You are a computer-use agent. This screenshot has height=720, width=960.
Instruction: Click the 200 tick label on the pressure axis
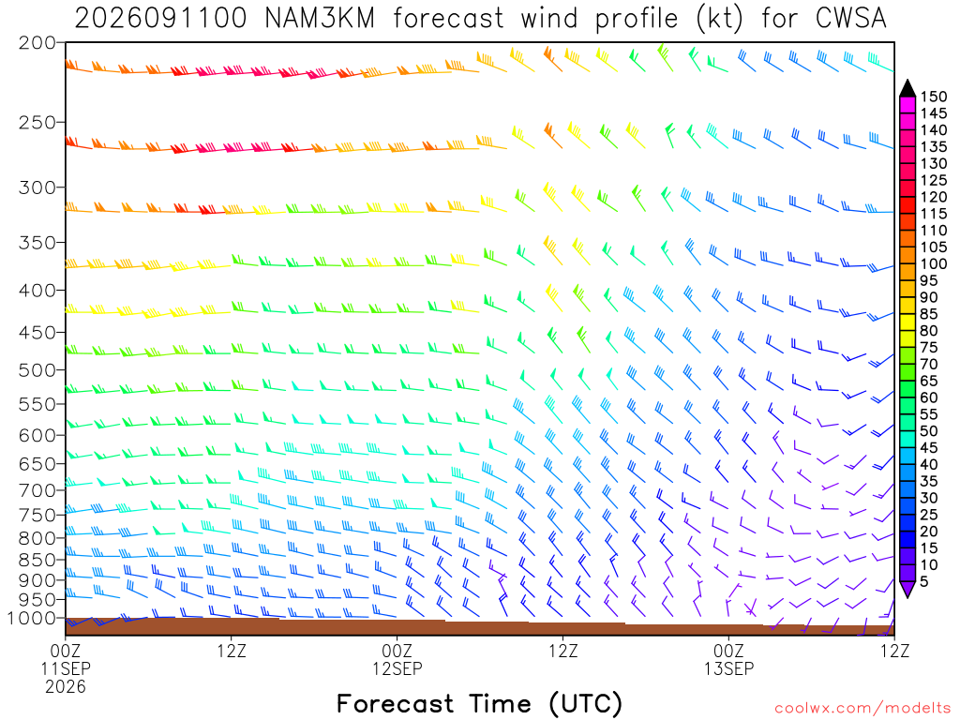pyautogui.click(x=37, y=43)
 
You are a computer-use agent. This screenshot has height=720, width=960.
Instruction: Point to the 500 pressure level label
pyautogui.click(x=37, y=370)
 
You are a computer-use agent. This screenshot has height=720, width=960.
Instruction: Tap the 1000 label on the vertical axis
pyautogui.click(x=31, y=619)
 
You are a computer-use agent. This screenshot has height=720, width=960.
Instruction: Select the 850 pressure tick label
pyautogui.click(x=37, y=560)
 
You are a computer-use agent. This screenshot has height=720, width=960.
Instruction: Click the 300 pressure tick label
pyautogui.click(x=37, y=187)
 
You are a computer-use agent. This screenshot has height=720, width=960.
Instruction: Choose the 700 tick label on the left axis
pyautogui.click(x=37, y=490)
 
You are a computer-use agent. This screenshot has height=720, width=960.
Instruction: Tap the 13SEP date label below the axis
pyautogui.click(x=728, y=667)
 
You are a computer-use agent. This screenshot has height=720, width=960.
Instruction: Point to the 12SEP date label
pyautogui.click(x=397, y=667)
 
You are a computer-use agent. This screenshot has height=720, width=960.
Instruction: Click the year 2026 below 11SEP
pyautogui.click(x=66, y=686)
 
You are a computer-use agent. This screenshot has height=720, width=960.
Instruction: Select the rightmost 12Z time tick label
pyautogui.click(x=894, y=651)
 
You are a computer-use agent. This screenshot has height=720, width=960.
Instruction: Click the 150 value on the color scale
pyautogui.click(x=934, y=97)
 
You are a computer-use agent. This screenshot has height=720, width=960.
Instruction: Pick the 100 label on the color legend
pyautogui.click(x=934, y=263)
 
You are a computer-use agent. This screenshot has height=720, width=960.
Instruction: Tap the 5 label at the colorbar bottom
pyautogui.click(x=924, y=581)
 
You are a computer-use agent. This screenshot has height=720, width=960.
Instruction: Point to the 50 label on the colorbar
pyautogui.click(x=929, y=431)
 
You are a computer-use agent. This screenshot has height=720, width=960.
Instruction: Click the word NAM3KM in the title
pyautogui.click(x=319, y=19)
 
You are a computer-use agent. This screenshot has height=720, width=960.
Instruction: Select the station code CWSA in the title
pyautogui.click(x=851, y=19)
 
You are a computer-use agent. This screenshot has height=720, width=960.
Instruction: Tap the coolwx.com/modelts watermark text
pyautogui.click(x=862, y=709)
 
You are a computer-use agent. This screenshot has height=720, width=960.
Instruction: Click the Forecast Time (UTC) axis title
pyautogui.click(x=479, y=704)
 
